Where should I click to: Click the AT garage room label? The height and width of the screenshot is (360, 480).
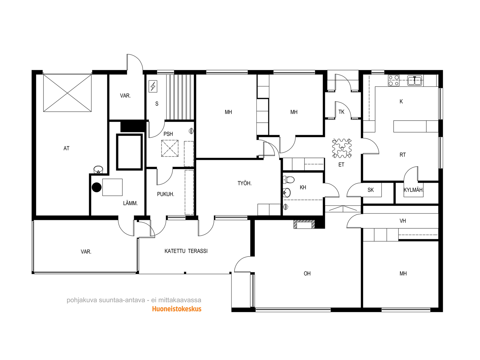click(x=67, y=148)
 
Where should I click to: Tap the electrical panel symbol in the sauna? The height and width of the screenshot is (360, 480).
click(x=153, y=86)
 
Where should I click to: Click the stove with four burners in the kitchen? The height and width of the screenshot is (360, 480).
click(x=394, y=80)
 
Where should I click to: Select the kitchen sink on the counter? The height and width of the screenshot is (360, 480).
click(x=414, y=80)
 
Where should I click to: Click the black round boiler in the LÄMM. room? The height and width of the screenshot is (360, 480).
click(x=96, y=187)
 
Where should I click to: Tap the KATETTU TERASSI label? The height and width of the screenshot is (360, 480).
click(x=186, y=251)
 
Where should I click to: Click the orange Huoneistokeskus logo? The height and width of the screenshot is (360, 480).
click(x=177, y=309)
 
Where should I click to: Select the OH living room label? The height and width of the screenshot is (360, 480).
click(x=307, y=273)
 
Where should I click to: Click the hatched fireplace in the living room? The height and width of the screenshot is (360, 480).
click(x=304, y=224)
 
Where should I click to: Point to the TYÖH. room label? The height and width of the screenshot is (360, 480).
click(x=244, y=183)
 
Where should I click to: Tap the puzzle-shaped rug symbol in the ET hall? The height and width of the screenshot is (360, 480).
click(x=342, y=148)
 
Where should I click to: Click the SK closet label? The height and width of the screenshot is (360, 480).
click(x=371, y=190)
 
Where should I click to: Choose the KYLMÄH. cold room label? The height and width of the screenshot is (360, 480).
click(x=413, y=190)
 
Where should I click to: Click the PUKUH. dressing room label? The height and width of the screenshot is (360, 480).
click(x=166, y=194)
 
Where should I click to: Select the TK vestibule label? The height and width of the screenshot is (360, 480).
click(x=341, y=112)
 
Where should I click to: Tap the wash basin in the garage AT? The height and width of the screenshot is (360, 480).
click(x=98, y=169)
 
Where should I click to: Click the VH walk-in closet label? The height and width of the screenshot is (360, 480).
click(x=403, y=221)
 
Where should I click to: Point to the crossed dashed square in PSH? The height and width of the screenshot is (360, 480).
click(x=170, y=148)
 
